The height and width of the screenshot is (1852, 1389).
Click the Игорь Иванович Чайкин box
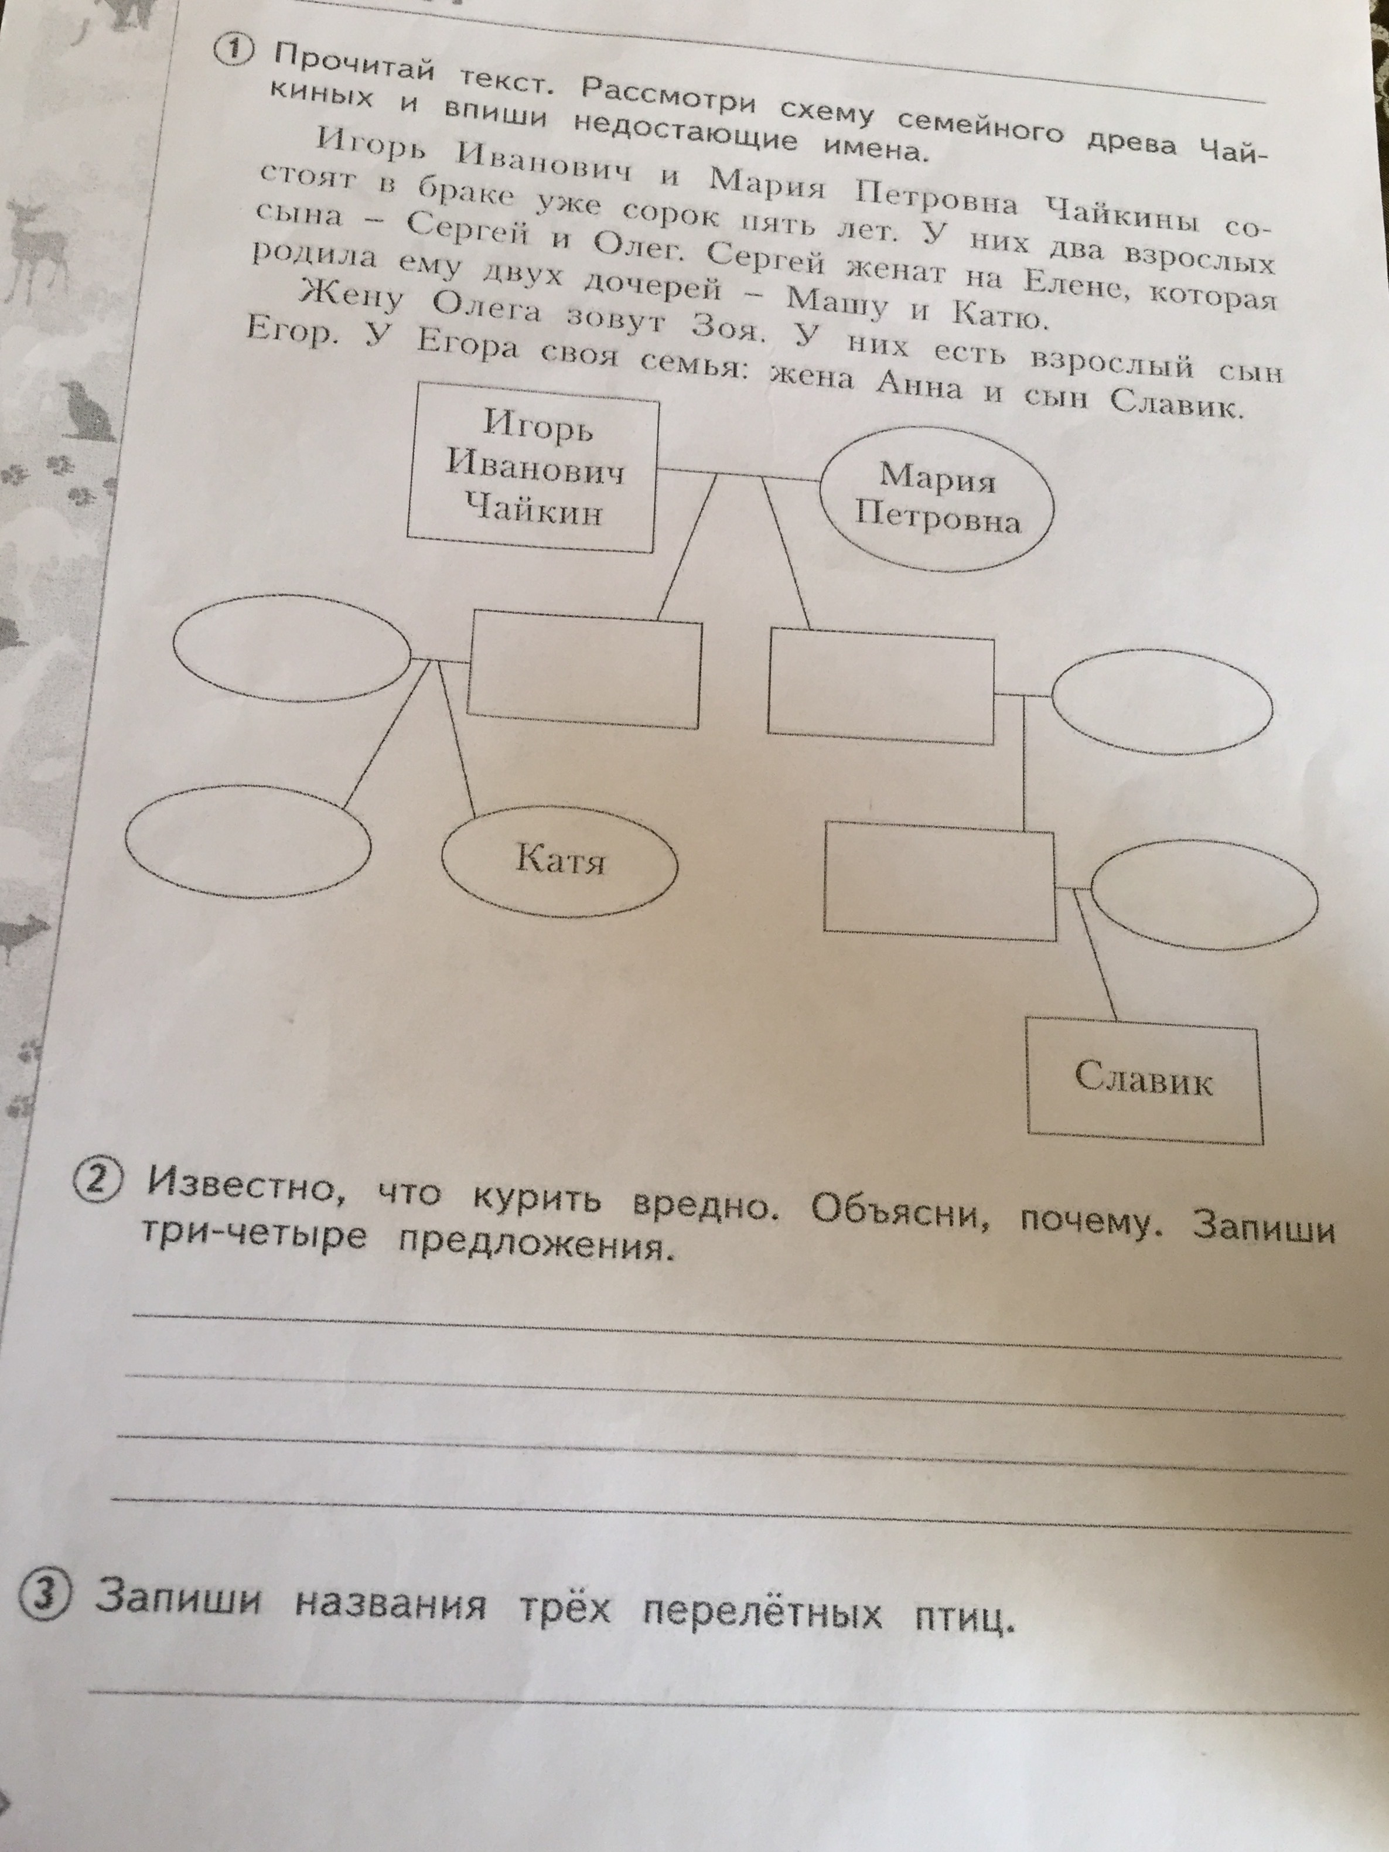pos(533,467)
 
